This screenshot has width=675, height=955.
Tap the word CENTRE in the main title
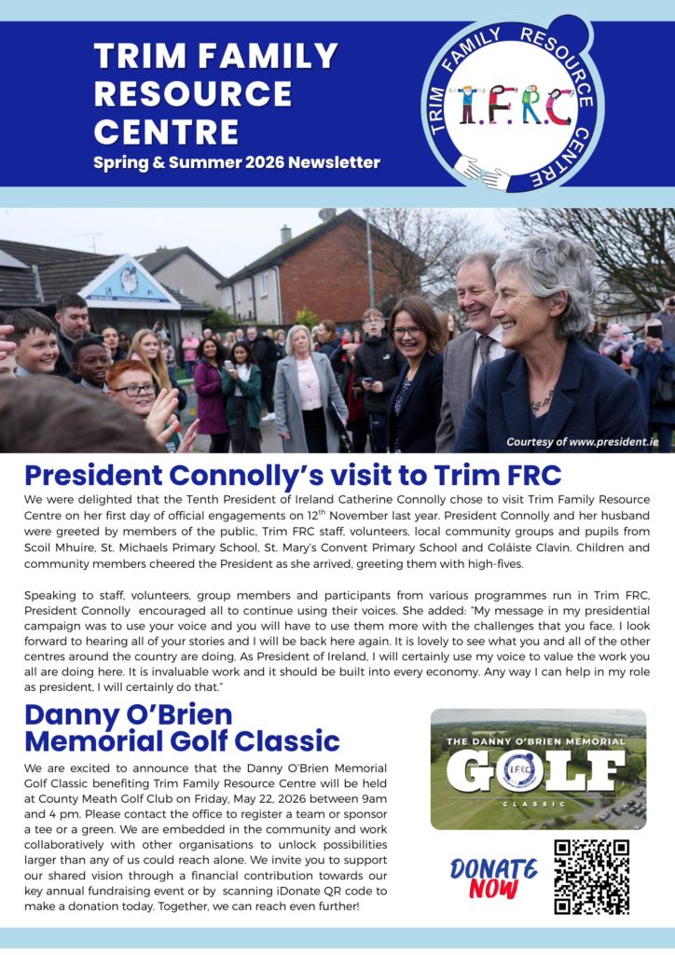(166, 131)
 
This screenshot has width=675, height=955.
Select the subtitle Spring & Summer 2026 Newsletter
(236, 162)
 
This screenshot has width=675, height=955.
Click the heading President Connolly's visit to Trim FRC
(293, 475)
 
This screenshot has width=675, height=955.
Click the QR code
(591, 877)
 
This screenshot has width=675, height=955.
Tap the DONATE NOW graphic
(493, 878)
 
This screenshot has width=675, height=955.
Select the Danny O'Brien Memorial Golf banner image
(538, 769)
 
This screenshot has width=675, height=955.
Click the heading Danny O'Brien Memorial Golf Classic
(182, 728)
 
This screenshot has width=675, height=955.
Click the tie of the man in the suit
(485, 351)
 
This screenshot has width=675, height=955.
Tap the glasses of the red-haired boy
(136, 390)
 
